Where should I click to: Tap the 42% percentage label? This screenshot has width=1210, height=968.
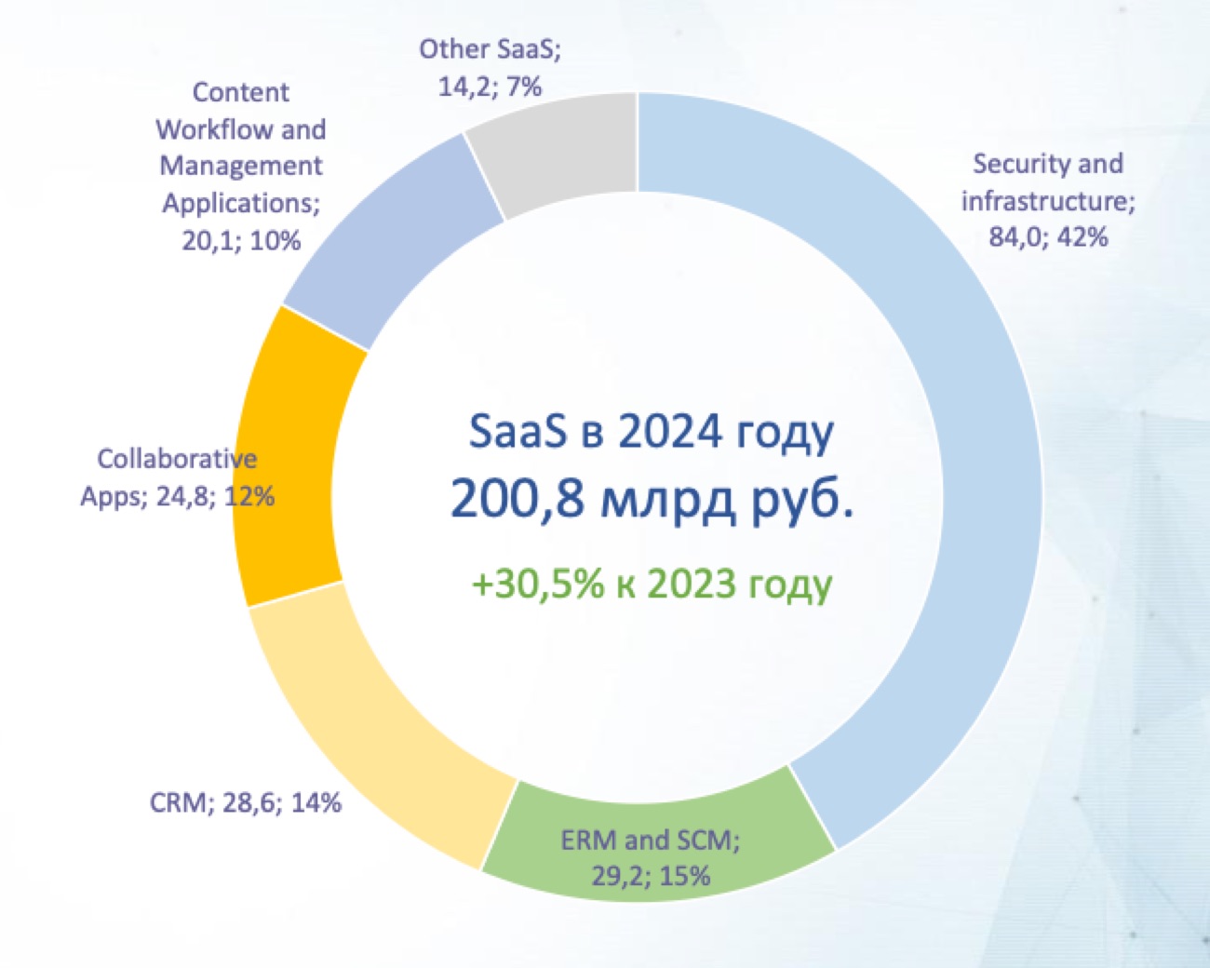pyautogui.click(x=1082, y=237)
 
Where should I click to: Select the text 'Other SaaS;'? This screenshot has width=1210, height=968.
pyautogui.click(x=490, y=49)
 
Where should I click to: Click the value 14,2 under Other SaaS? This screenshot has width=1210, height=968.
pyautogui.click(x=464, y=87)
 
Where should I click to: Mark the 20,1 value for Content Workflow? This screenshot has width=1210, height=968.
pyautogui.click(x=208, y=241)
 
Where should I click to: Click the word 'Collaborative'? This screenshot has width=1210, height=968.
pyautogui.click(x=177, y=459)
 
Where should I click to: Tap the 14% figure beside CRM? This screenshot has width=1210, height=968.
pyautogui.click(x=316, y=802)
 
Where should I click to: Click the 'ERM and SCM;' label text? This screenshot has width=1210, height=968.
pyautogui.click(x=650, y=840)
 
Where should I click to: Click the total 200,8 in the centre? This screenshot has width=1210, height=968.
pyautogui.click(x=518, y=499)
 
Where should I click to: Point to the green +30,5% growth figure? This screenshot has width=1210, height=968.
pyautogui.click(x=537, y=585)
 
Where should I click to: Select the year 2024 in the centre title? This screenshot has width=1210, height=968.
pyautogui.click(x=669, y=433)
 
